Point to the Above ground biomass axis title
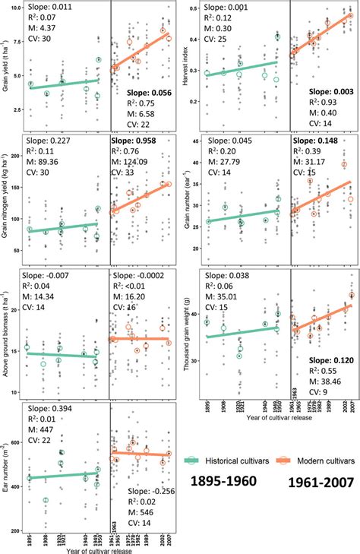[8, 327]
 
